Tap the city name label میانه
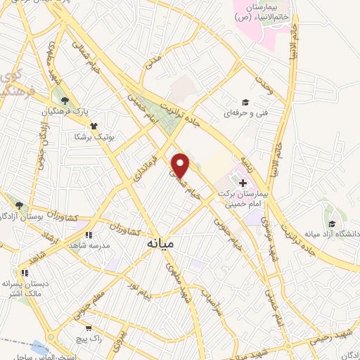[162, 244]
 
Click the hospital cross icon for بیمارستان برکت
[243, 164]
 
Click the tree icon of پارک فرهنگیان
[65, 101]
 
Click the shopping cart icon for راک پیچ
[88, 328]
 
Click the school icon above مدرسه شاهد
[88, 236]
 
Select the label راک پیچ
[91, 339]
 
